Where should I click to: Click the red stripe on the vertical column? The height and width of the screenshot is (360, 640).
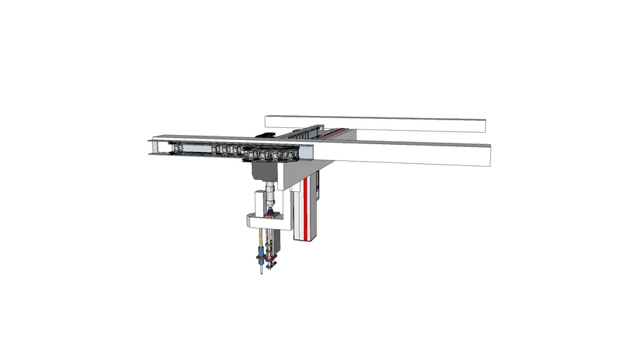pos(306,204)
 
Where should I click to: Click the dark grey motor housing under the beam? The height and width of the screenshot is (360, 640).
pos(262,171)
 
